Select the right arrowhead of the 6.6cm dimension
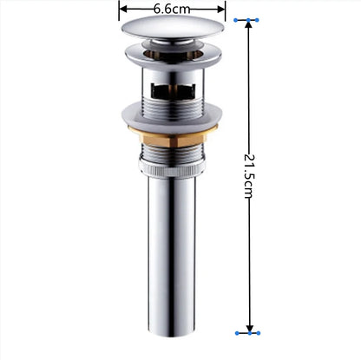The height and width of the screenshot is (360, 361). click(x=221, y=9)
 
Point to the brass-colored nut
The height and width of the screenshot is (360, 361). click(x=173, y=131)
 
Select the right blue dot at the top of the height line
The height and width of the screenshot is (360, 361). click(x=259, y=19)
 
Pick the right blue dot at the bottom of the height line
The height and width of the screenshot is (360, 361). click(x=259, y=331)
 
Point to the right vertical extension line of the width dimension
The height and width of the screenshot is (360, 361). click(x=226, y=10)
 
